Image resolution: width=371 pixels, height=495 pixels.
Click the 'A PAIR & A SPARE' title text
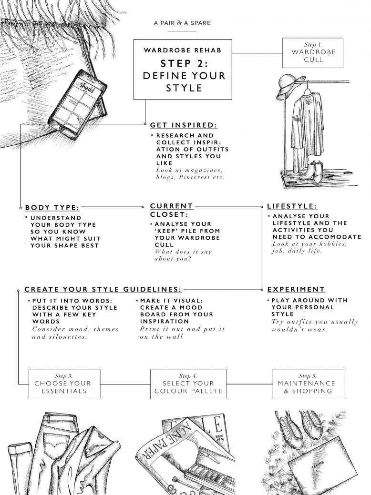pyautogui.click(x=182, y=23)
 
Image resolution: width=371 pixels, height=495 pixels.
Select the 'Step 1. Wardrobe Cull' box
pyautogui.click(x=313, y=52)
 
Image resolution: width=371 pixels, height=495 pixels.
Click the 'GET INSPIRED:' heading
pyautogui.click(x=184, y=125)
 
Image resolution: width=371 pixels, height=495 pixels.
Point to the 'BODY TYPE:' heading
pyautogui.click(x=52, y=207)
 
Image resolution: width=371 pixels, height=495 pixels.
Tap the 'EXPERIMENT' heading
pyautogui.click(x=296, y=289)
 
